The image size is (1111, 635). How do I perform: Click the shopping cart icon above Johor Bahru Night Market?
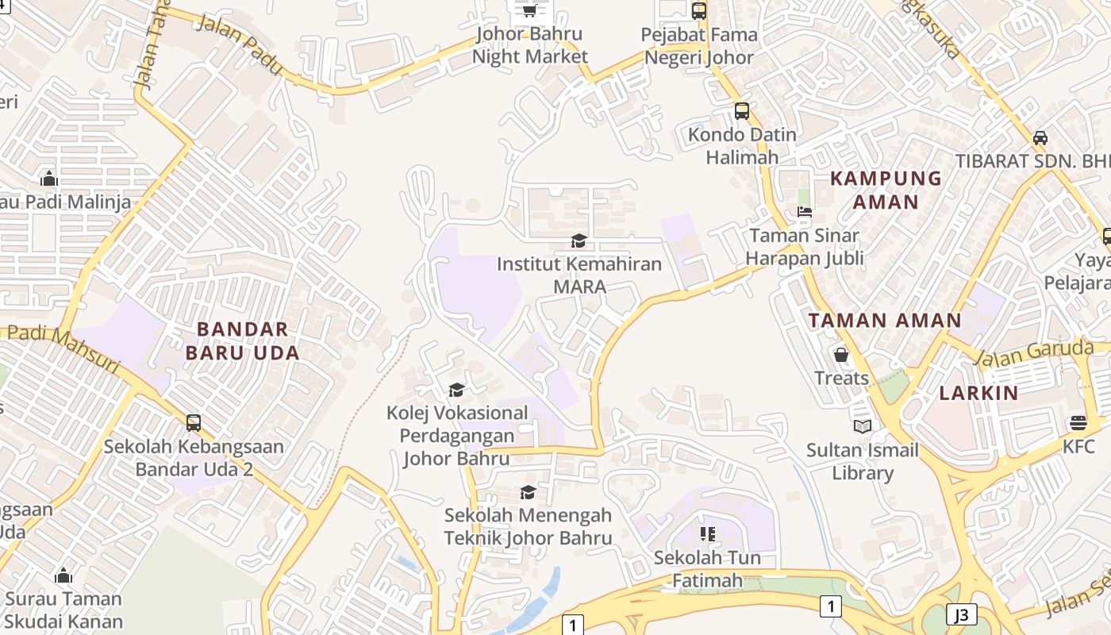(529, 10)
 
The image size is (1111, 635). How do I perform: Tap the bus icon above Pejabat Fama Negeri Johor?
(699, 11)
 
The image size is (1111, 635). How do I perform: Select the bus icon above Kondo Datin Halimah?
(741, 111)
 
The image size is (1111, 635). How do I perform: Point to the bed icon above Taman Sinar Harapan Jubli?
(805, 212)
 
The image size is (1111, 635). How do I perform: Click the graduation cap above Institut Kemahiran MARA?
(579, 241)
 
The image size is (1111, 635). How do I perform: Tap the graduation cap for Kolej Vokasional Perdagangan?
(456, 390)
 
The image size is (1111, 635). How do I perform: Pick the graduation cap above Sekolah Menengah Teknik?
(528, 493)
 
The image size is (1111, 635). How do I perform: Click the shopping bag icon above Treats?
(841, 355)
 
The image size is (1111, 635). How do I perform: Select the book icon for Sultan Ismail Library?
(863, 427)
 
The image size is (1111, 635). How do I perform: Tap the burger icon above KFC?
(1078, 422)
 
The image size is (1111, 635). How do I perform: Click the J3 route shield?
(961, 614)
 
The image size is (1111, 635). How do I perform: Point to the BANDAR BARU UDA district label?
(243, 341)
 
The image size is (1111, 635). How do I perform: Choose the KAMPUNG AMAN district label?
(886, 190)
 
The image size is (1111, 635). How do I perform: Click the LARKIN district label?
(978, 393)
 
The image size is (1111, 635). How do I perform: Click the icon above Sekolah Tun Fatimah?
(707, 534)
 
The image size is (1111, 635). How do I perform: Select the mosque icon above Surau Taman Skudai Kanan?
(63, 575)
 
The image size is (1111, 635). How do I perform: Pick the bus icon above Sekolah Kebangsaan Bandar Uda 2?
(194, 423)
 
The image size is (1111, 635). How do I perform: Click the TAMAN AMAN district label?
(885, 321)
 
